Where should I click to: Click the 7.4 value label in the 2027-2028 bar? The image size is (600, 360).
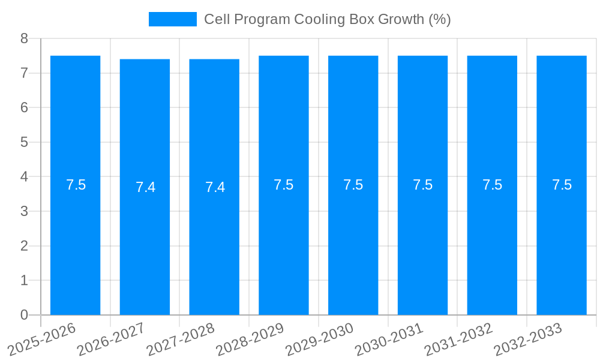click(x=215, y=187)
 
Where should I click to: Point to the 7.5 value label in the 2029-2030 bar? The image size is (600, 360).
click(x=353, y=185)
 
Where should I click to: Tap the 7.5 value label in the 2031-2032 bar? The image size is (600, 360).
click(x=492, y=185)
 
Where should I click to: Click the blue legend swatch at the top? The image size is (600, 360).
click(x=173, y=19)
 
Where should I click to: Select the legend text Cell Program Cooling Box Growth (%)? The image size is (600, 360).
click(x=327, y=19)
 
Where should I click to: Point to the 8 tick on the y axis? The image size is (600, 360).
click(x=25, y=38)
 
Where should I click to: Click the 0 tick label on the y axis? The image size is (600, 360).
click(x=25, y=315)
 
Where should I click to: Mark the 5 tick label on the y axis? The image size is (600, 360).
click(x=25, y=142)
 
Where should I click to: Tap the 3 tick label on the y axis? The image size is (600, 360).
click(x=25, y=211)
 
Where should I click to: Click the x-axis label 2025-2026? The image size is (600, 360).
click(x=43, y=339)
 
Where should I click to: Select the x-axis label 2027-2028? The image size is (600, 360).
click(x=181, y=339)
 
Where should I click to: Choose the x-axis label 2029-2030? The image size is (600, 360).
click(x=320, y=339)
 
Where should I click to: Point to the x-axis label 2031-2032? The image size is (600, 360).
click(x=459, y=339)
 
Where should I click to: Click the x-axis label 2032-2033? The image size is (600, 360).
click(x=528, y=339)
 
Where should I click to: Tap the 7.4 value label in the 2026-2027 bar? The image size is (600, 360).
click(x=145, y=187)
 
